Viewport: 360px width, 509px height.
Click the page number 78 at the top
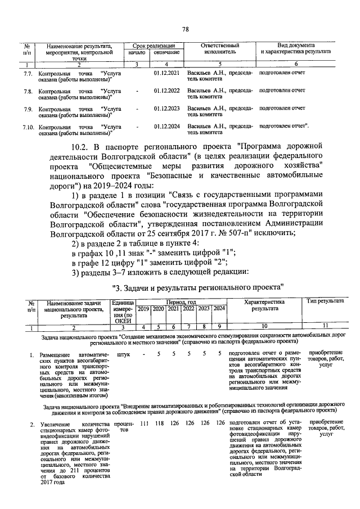[x=185, y=30]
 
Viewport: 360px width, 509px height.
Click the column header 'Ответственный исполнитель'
[x=220, y=48]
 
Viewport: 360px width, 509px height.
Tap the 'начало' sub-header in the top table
[x=137, y=52]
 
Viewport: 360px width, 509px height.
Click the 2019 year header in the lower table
[x=143, y=308]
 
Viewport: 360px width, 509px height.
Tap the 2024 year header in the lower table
[x=219, y=308]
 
